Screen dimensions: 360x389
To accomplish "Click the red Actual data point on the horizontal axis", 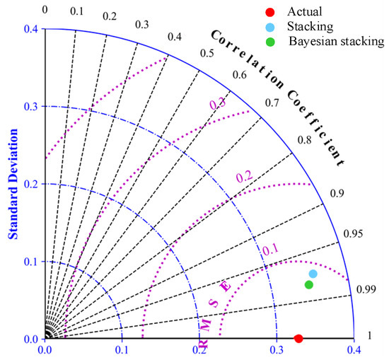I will tap(298, 339).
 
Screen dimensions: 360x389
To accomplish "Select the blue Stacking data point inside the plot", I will tap(313, 274).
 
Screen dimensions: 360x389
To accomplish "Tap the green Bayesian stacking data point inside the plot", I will tap(308, 285).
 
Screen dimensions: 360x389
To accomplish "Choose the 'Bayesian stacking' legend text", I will tap(337, 41).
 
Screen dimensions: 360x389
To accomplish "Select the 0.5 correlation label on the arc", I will tap(207, 53).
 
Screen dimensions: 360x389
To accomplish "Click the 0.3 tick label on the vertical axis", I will tap(28, 106).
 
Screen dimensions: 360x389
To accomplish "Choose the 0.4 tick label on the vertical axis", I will tap(28, 29).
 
